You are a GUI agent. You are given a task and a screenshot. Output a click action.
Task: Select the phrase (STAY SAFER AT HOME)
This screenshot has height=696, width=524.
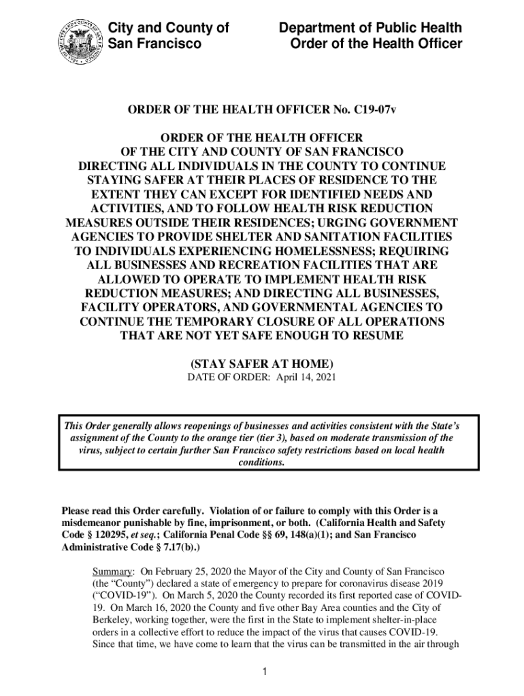tap(262, 364)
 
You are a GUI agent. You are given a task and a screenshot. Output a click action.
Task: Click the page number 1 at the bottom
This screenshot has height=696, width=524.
tap(262, 672)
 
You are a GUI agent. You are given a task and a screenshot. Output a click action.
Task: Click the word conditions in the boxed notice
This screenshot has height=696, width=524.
tap(262, 462)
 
